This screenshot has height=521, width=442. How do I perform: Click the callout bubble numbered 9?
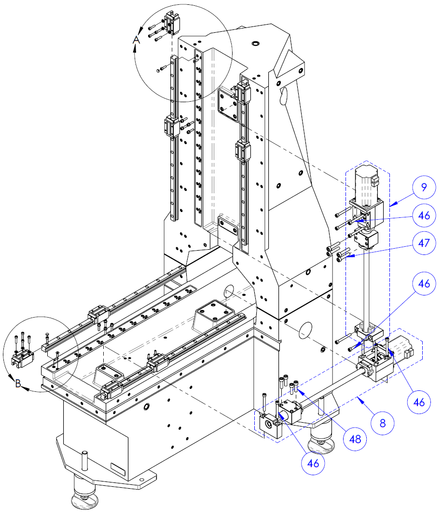[x=423, y=187]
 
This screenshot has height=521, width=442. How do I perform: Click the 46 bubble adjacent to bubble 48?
[x=314, y=463]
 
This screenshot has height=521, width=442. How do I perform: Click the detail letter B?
[x=18, y=384]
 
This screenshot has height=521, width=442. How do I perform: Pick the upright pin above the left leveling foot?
[x=85, y=460]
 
